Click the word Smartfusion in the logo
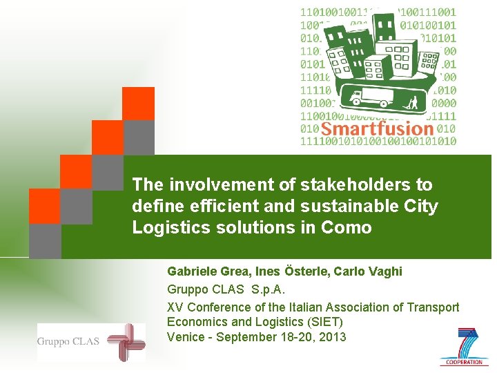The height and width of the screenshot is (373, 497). (x=376, y=129)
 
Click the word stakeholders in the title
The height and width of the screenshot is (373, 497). (x=364, y=185)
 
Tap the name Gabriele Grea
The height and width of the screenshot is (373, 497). (x=202, y=271)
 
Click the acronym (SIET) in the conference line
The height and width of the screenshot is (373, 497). (x=324, y=321)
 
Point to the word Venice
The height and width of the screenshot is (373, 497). (x=185, y=337)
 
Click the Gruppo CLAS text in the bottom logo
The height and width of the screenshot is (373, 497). (x=68, y=341)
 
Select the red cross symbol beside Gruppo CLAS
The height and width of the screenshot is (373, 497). (x=126, y=341)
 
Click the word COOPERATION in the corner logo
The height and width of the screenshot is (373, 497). (x=464, y=362)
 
